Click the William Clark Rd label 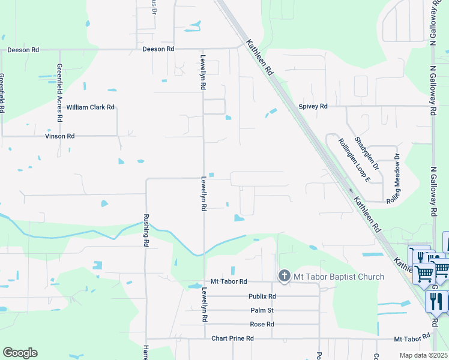pos(90,107)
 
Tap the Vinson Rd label pos(59,136)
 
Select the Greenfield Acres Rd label pos(59,93)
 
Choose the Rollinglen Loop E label pos(353,159)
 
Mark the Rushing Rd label pos(145,230)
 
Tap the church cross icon pos(284,276)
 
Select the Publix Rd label pos(262,296)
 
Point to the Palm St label pos(262,310)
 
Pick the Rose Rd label pos(262,324)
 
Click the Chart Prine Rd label pos(232,338)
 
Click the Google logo pos(20,353)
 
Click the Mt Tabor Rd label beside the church pos(229,281)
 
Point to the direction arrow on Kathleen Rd pos(351,191)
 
